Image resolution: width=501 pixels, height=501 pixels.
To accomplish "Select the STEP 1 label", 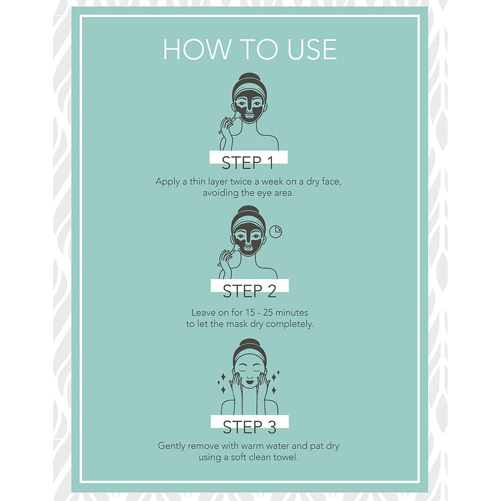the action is (x=248, y=163).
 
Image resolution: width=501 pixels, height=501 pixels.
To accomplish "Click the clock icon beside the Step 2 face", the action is (x=276, y=231).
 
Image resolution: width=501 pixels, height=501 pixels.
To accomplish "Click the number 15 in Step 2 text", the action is (x=250, y=312).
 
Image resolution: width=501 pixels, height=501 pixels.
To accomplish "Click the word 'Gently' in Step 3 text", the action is (x=171, y=446).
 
